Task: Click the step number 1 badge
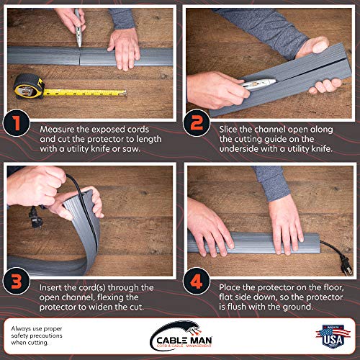tap(17, 123)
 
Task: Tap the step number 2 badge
tap(197, 123)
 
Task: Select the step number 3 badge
tap(17, 281)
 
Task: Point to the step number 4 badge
tap(197, 281)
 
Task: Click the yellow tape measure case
tap(29, 86)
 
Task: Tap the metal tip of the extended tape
tap(125, 93)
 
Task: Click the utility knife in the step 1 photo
tap(78, 28)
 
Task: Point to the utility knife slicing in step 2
tap(258, 84)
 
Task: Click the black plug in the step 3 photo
tap(35, 217)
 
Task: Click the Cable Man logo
tap(181, 336)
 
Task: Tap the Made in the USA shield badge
tap(333, 336)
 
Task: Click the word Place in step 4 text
tap(230, 287)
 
